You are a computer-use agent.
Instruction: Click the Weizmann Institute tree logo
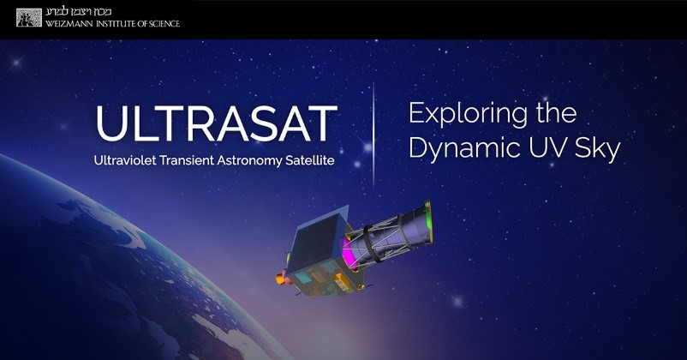(29, 17)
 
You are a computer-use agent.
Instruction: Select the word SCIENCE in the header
(164, 24)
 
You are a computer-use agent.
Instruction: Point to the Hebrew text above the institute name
(79, 12)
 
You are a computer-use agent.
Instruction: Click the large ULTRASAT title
(217, 123)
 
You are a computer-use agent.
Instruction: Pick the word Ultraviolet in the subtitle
(125, 160)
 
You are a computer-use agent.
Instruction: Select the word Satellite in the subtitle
(310, 160)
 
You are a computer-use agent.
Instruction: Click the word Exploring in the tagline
(468, 114)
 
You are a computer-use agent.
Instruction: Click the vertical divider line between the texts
(373, 135)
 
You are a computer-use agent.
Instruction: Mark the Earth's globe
(110, 272)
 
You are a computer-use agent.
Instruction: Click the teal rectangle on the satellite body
(302, 277)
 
